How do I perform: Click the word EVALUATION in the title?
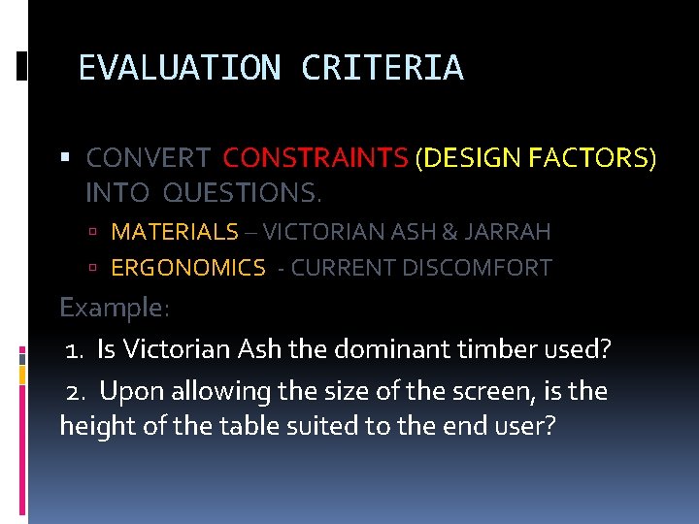[x=179, y=68]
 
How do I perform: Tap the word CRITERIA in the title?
[x=383, y=68]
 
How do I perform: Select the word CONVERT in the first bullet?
[x=149, y=157]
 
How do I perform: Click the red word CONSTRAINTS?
[x=316, y=157]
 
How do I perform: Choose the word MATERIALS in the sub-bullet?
[x=175, y=232]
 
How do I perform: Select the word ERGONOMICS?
[x=188, y=268]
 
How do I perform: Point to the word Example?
[x=115, y=308]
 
